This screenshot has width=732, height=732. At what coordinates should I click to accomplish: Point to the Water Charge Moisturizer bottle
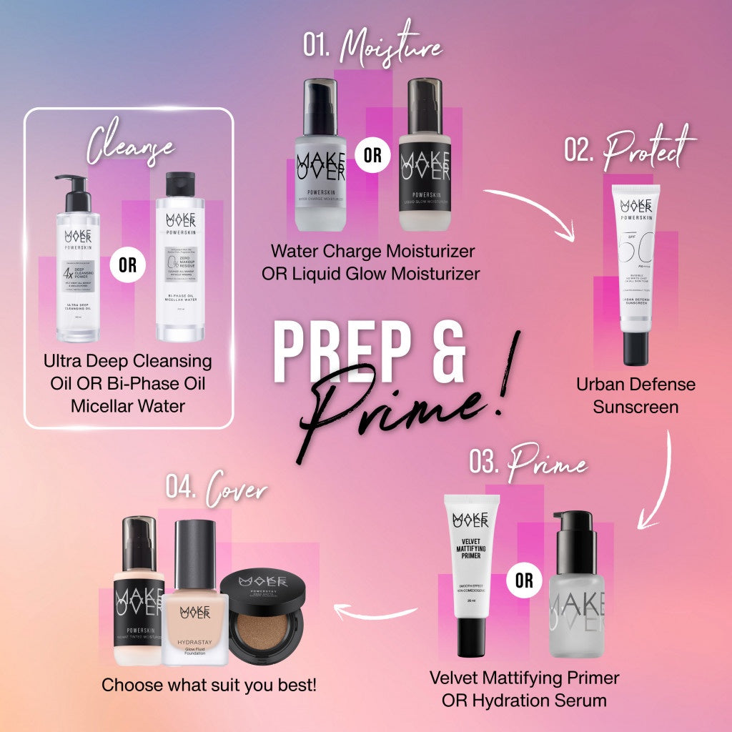pos(320,164)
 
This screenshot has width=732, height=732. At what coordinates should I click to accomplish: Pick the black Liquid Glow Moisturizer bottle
pos(425,164)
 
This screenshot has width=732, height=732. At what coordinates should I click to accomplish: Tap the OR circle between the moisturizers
pos(372,155)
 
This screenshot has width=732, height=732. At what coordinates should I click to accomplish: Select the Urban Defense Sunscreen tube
pos(635,272)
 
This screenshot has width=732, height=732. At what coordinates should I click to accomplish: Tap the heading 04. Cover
pos(216,491)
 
